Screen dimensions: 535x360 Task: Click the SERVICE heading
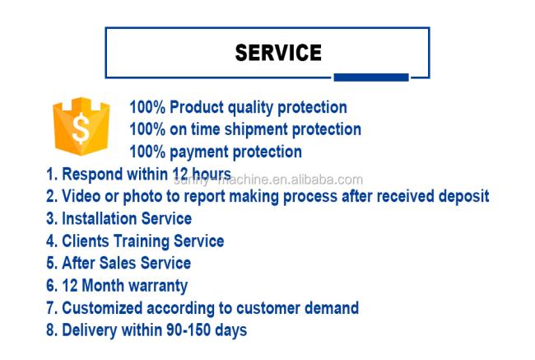click(x=278, y=53)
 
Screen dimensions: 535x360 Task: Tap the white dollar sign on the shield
click(x=81, y=128)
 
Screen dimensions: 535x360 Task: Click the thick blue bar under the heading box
click(x=371, y=77)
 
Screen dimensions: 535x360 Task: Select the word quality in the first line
click(x=250, y=108)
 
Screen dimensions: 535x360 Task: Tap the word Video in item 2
click(x=81, y=196)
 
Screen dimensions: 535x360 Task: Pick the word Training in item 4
click(x=142, y=241)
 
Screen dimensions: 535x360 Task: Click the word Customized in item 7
click(x=102, y=308)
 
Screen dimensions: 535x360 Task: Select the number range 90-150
click(x=188, y=330)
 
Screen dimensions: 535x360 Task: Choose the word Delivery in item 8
click(x=90, y=330)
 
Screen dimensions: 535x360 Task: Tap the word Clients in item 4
click(x=86, y=241)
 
